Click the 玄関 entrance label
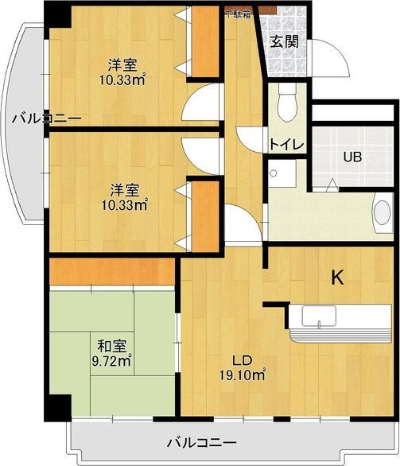(284, 41)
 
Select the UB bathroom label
(352, 157)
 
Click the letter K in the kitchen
(337, 278)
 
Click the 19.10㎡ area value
(243, 373)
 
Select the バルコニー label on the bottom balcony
(202, 441)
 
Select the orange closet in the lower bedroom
(205, 214)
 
